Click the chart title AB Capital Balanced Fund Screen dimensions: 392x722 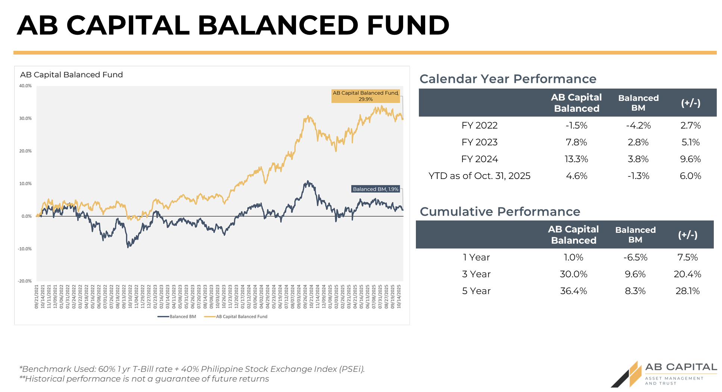[x=71, y=75]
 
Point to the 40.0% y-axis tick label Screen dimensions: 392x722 [x=25, y=86]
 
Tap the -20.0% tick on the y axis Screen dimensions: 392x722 [x=25, y=281]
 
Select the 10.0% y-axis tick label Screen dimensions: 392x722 [x=25, y=183]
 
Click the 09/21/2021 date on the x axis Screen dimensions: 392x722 [x=37, y=296]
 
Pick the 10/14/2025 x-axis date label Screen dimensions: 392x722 [x=399, y=296]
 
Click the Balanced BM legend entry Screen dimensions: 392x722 [x=177, y=317]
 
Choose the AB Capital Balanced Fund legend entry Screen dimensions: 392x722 [x=236, y=317]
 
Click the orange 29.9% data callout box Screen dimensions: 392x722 [x=365, y=96]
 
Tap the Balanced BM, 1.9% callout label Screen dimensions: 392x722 [x=376, y=189]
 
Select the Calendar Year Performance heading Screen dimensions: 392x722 [x=508, y=79]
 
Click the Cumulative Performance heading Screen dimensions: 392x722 [x=500, y=212]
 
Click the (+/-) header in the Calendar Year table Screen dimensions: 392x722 [x=691, y=103]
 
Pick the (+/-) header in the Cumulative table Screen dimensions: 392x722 [x=688, y=235]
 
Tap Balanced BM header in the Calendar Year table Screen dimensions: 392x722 [x=638, y=103]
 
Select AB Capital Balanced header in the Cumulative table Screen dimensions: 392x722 [x=573, y=235]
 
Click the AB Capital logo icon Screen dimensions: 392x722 [x=628, y=374]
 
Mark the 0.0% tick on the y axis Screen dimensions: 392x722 [x=27, y=216]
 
